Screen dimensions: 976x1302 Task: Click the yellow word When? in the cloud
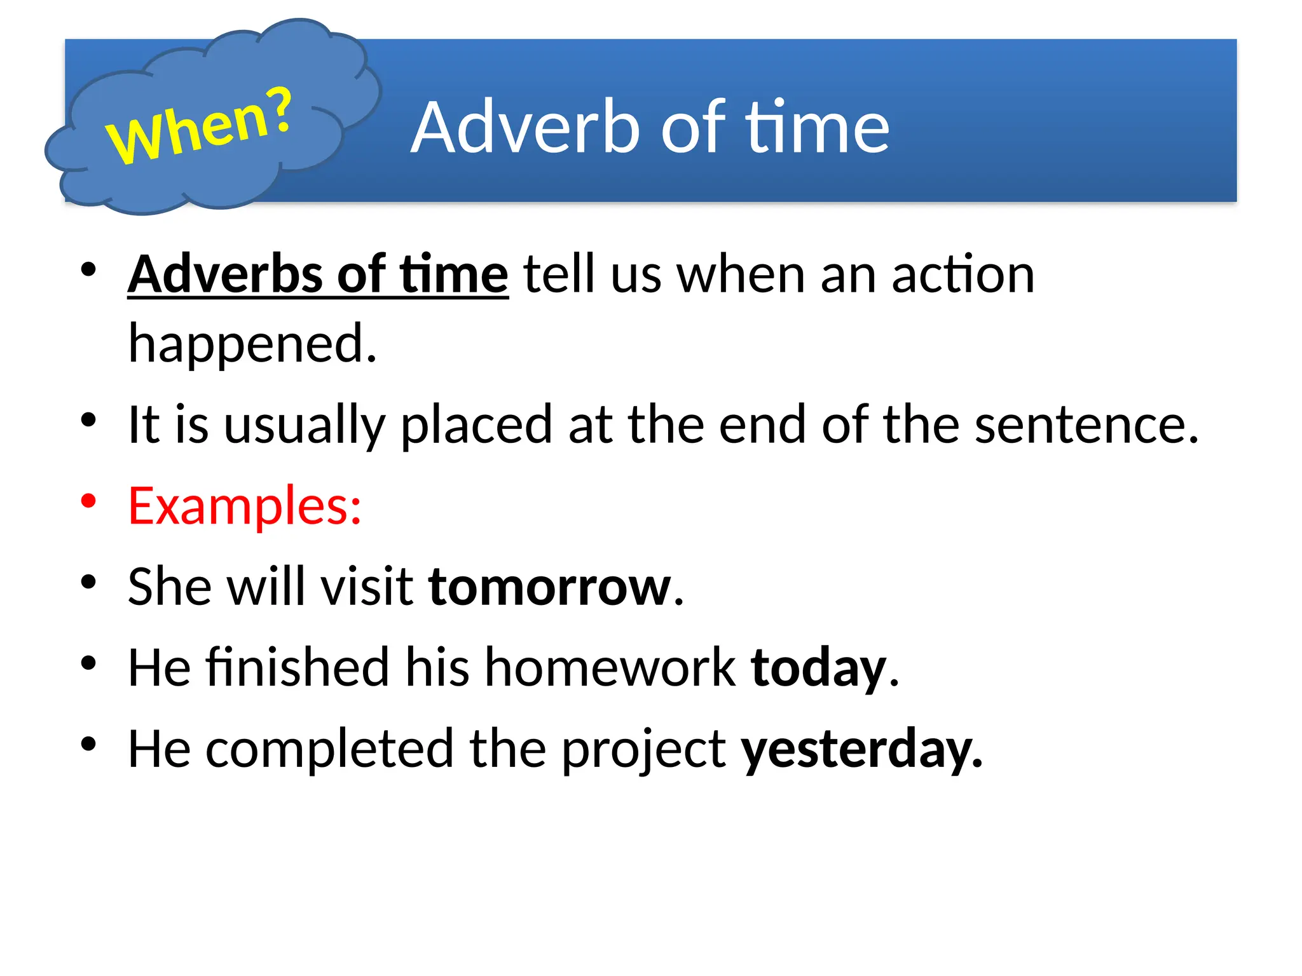point(199,127)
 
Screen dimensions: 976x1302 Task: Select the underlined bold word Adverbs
point(225,274)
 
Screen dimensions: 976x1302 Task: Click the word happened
point(252,344)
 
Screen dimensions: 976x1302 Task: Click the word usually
point(305,424)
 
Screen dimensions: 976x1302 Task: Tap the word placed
point(476,424)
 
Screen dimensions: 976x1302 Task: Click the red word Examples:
point(245,506)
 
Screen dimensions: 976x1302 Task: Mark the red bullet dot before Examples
point(88,501)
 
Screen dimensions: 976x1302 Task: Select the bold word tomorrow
point(550,586)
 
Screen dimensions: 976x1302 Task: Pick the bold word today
point(818,668)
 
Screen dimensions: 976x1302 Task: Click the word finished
point(297,667)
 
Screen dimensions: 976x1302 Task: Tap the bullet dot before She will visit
point(88,582)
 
